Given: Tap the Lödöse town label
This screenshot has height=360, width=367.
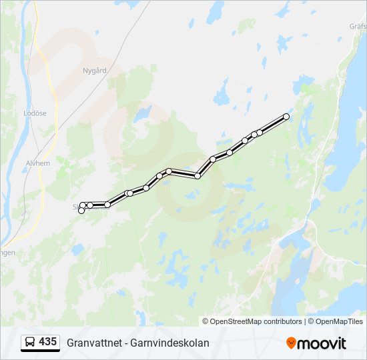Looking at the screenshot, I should [x=35, y=113].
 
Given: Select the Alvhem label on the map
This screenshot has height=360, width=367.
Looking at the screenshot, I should [x=37, y=162].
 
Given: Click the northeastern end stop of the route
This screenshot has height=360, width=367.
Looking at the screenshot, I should [x=286, y=117].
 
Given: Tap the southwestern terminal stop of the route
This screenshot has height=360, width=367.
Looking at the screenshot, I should [x=81, y=211].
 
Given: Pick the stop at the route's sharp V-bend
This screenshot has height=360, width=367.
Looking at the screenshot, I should [x=198, y=175].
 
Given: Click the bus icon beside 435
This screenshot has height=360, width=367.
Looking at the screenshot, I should [x=29, y=342].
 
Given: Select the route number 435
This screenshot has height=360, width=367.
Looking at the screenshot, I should [x=47, y=342].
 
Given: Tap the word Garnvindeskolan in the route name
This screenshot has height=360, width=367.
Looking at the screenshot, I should [x=173, y=343].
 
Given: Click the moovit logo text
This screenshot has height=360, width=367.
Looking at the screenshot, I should [x=322, y=343].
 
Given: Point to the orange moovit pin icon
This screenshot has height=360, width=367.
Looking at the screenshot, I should [x=291, y=343].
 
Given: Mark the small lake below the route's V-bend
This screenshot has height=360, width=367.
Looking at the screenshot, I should [x=194, y=194].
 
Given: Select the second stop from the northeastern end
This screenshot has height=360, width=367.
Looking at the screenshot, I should [x=260, y=131].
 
